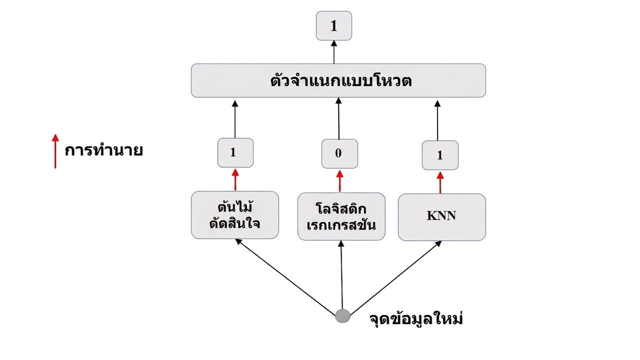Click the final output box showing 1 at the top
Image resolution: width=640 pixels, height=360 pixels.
333,25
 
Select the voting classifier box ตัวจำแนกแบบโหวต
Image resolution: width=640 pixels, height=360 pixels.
338,80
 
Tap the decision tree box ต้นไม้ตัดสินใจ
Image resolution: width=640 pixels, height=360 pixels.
235,215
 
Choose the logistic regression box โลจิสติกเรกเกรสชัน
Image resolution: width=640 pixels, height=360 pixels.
341,216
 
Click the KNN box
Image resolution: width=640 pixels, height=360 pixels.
441,217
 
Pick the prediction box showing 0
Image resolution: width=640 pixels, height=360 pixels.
339,153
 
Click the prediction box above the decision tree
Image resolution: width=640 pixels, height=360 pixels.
235,153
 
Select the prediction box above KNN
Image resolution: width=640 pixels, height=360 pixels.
440,155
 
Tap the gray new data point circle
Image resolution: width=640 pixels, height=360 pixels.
342,316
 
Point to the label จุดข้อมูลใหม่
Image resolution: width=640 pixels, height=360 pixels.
416,319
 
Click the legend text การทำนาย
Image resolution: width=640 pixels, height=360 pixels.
103,150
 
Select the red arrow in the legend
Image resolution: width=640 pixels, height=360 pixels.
55,151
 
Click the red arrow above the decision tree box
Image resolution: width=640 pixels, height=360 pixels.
235,179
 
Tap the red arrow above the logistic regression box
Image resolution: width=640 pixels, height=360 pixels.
339,181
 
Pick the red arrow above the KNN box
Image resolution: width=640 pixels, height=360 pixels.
440,182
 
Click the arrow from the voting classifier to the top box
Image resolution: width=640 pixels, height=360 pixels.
333,52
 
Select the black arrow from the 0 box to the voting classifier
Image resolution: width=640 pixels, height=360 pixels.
338,118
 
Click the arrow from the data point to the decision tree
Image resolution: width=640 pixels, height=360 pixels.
285,276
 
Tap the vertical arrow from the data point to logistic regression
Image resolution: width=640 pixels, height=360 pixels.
341,275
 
